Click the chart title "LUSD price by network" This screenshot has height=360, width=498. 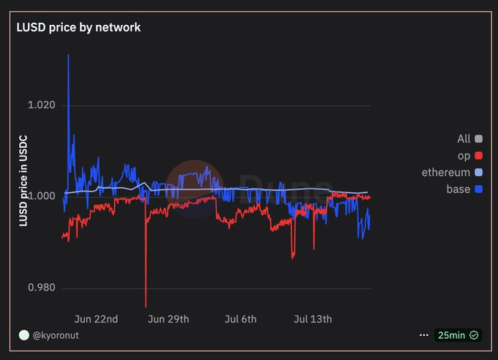(78, 27)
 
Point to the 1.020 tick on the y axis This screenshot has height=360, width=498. (41, 105)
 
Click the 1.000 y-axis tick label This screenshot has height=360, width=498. (41, 196)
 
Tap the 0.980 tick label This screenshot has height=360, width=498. (41, 288)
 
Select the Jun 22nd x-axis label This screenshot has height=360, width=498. (96, 319)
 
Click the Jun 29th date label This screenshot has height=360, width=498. (168, 319)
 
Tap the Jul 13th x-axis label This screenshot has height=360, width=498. (313, 319)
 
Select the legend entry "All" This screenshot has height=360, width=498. (464, 139)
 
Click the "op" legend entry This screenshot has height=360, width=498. (464, 156)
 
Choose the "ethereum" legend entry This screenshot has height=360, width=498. (446, 173)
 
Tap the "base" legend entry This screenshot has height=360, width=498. (458, 190)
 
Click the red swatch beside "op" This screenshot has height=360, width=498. (478, 156)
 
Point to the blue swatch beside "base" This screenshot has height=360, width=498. (478, 190)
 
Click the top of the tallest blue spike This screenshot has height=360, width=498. (68, 55)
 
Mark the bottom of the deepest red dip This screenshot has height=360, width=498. (146, 306)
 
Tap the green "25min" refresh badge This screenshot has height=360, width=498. (458, 335)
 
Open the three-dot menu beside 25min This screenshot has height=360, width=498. (423, 335)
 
